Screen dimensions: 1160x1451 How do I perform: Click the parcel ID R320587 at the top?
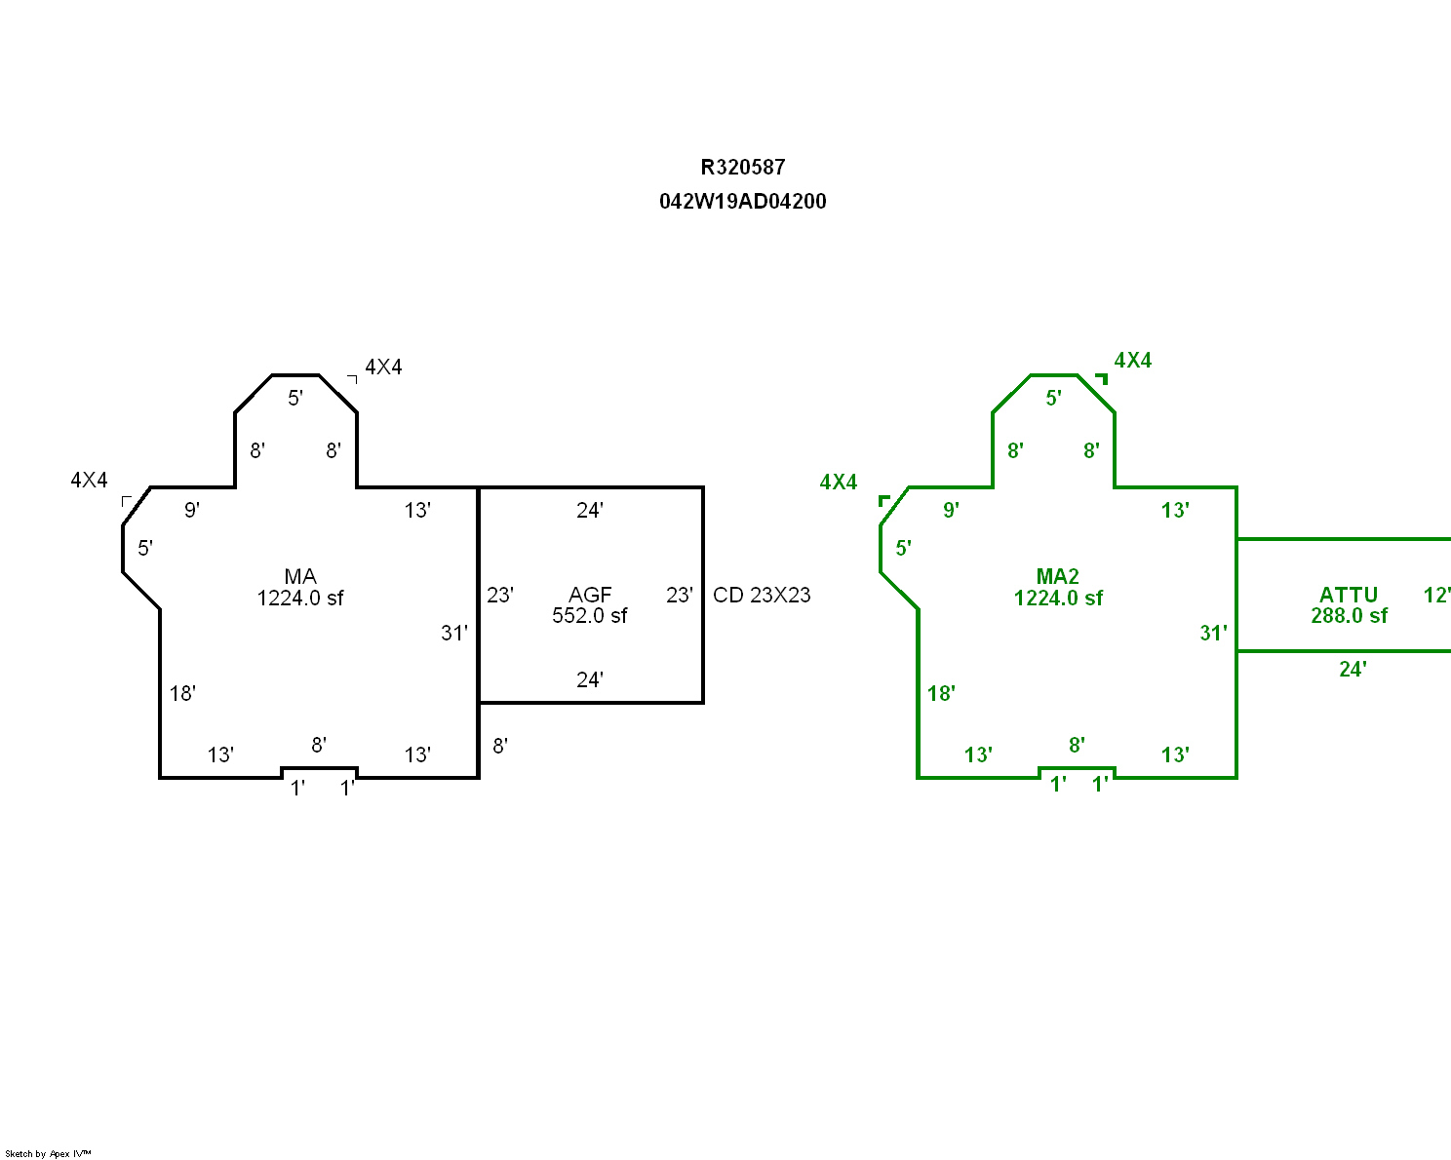[743, 168]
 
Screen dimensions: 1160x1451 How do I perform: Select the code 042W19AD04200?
[743, 202]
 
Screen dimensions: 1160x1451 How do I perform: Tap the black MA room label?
[300, 577]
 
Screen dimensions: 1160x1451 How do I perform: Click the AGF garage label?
[590, 595]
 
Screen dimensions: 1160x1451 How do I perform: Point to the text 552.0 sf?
[590, 616]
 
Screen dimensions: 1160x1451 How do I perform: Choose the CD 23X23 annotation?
[762, 596]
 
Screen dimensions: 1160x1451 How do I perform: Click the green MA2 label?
[1058, 577]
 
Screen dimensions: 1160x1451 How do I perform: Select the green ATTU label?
[1349, 595]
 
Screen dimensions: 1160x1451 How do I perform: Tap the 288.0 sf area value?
[1350, 616]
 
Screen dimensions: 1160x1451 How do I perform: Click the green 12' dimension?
[1436, 596]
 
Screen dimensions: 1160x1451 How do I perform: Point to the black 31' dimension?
[454, 634]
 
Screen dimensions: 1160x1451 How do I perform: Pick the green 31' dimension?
[1213, 634]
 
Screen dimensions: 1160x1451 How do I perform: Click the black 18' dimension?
[182, 693]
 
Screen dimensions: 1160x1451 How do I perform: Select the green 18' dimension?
[941, 693]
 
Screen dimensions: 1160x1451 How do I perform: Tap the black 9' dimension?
[192, 510]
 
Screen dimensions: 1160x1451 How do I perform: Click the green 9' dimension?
[951, 510]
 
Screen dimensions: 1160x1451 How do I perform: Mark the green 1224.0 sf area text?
[1058, 599]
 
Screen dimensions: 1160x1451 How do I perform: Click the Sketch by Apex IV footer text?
[48, 1153]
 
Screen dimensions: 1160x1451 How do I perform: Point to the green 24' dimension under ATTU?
[1353, 669]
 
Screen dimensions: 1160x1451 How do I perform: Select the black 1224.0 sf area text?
[300, 599]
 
